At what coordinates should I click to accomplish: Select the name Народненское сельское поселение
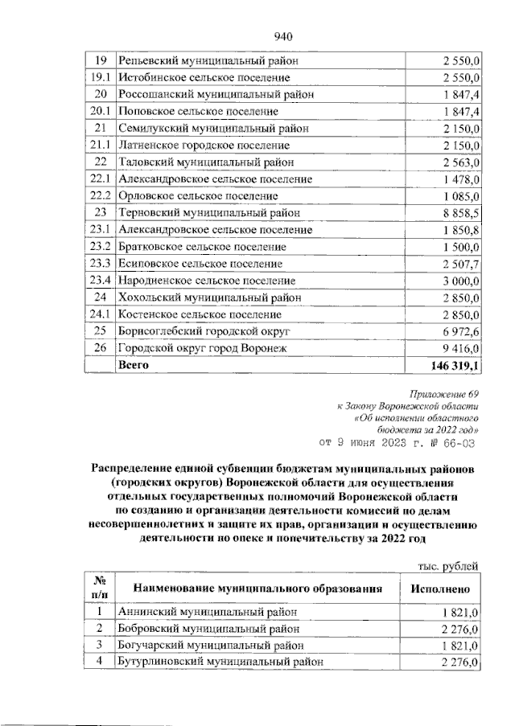coord(207,281)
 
